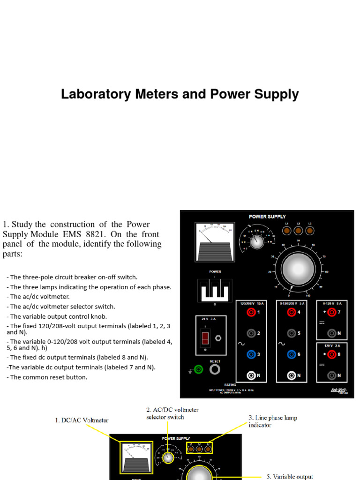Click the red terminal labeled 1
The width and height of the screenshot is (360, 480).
click(252, 312)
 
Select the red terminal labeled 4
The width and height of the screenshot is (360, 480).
click(292, 312)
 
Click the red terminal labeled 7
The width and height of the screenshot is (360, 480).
click(332, 312)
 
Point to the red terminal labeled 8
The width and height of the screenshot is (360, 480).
click(332, 354)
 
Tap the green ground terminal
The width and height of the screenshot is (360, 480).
click(199, 370)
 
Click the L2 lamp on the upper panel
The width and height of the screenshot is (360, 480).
click(298, 231)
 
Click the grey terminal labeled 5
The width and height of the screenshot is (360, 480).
click(292, 333)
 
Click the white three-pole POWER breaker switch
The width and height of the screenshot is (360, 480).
click(214, 291)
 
